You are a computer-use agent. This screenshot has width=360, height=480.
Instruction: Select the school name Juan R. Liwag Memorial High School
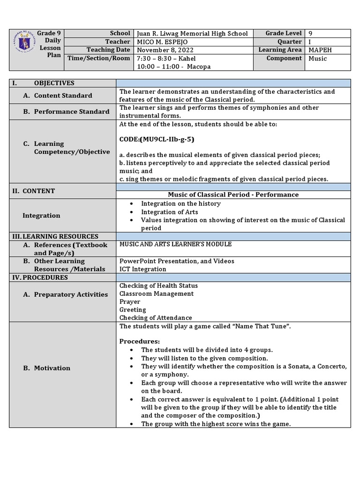(192, 34)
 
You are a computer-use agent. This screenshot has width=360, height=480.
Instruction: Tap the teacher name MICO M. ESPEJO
(162, 42)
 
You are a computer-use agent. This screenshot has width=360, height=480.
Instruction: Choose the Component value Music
(318, 59)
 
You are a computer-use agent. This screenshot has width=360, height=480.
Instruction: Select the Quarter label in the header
(289, 42)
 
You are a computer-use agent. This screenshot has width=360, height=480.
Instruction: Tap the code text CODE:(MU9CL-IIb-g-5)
(157, 139)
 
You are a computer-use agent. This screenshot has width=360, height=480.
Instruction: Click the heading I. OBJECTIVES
(44, 83)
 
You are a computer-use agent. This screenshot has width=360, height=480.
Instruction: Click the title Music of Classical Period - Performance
(233, 195)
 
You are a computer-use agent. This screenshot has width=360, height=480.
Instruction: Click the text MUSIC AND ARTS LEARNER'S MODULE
(175, 244)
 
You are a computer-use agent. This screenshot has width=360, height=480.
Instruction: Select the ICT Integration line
(142, 269)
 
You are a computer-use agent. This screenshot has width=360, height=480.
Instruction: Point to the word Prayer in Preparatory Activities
(130, 302)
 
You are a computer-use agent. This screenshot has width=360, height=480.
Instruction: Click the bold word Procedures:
(140, 341)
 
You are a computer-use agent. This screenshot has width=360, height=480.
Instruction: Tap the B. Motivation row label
(47, 368)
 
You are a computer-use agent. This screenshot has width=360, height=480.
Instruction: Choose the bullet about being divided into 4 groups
(207, 350)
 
